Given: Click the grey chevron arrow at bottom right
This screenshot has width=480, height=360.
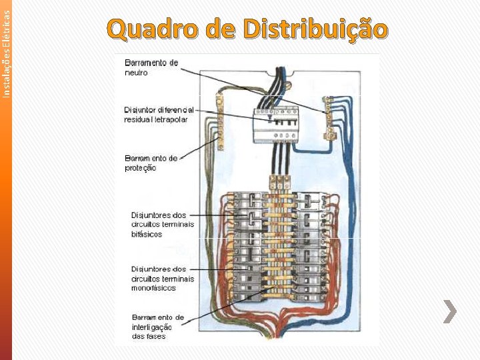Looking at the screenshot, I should point(451,311).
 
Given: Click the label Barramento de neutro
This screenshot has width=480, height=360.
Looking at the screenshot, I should point(151,67).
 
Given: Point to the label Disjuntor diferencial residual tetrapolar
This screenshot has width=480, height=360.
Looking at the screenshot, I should point(159,115).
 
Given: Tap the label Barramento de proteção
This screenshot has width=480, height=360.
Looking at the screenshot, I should point(151,163).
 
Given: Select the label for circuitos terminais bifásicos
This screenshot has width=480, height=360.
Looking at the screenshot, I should point(162,225).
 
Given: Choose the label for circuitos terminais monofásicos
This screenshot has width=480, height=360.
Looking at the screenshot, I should point(162,278).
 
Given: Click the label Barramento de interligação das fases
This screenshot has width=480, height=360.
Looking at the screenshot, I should point(158,327).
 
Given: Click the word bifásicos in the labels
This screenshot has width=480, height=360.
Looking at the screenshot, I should point(147,235).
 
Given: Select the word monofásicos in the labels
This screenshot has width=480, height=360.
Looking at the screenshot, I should point(153,288).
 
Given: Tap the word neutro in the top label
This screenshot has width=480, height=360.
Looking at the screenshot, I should point(137,73).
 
